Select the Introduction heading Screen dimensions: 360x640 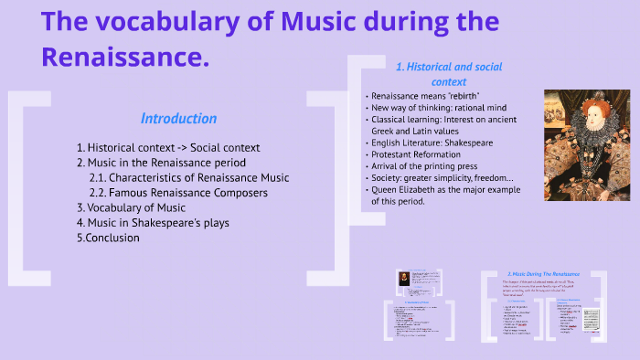(x=178, y=119)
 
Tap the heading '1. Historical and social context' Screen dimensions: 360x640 (x=435, y=74)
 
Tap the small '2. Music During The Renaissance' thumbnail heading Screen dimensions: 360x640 (x=544, y=273)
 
